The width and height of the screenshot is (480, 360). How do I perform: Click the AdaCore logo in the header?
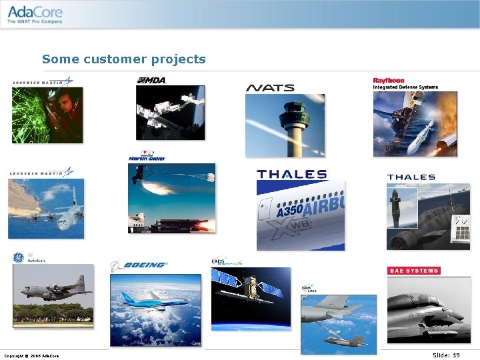coord(35,14)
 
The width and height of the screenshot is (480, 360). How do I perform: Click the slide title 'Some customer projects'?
coord(124,59)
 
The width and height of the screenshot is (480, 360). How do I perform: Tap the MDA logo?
coord(151,80)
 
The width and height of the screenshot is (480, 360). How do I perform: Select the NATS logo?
coord(270,87)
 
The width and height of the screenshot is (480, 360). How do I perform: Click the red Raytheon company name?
coord(389,80)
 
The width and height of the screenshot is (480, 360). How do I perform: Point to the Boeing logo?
coord(139,265)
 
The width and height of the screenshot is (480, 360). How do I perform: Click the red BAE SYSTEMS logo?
coord(413,271)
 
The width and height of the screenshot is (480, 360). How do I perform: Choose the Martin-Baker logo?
coord(147,156)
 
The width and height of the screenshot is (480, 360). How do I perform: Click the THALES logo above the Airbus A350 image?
coord(291,174)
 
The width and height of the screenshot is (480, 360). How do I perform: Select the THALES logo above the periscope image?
coord(411,177)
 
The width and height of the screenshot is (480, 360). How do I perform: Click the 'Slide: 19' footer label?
coord(446,355)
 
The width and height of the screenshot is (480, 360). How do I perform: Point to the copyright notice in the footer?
coord(31,356)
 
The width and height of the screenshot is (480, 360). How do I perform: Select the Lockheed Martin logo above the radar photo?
coord(42,82)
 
